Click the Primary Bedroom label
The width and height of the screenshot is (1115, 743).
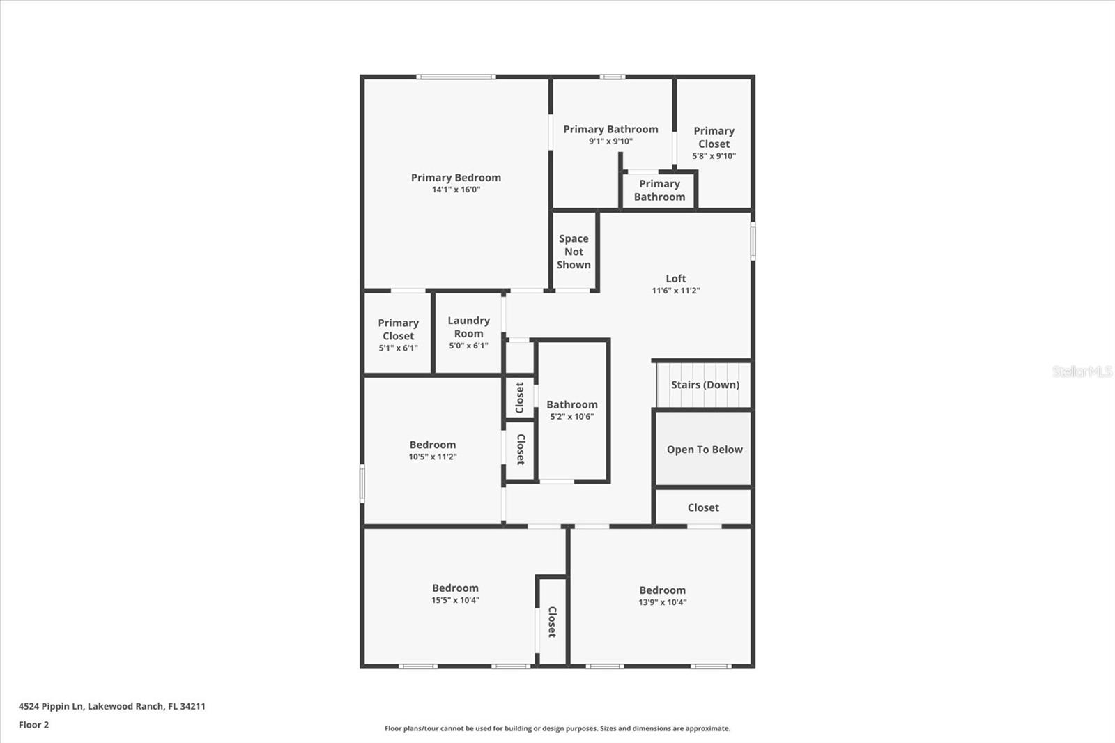click(456, 178)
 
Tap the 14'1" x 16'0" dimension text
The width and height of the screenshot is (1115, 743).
click(456, 190)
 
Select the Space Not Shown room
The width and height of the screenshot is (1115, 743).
click(574, 252)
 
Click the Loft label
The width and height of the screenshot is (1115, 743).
click(675, 279)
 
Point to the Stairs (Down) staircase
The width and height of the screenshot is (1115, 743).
click(704, 385)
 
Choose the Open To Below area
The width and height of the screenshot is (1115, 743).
click(704, 450)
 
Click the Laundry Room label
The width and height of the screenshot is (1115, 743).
click(468, 327)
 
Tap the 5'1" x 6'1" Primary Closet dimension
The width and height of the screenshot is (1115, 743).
click(398, 348)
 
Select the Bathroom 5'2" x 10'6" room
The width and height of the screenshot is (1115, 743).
click(572, 410)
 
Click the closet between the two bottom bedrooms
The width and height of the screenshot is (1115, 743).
click(552, 622)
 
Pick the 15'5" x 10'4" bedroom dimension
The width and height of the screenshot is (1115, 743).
click(455, 600)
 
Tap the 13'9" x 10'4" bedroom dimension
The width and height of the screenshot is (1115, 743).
click(662, 602)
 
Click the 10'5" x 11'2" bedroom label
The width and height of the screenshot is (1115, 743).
click(432, 445)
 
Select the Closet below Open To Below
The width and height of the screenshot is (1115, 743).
click(702, 507)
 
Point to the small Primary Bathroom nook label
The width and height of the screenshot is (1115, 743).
click(659, 190)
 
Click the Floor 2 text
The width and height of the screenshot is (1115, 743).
click(33, 725)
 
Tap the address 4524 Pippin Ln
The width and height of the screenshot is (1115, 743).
click(111, 706)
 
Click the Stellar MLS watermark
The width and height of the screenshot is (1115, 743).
click(1082, 371)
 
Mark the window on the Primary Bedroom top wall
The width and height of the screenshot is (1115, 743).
click(456, 77)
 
